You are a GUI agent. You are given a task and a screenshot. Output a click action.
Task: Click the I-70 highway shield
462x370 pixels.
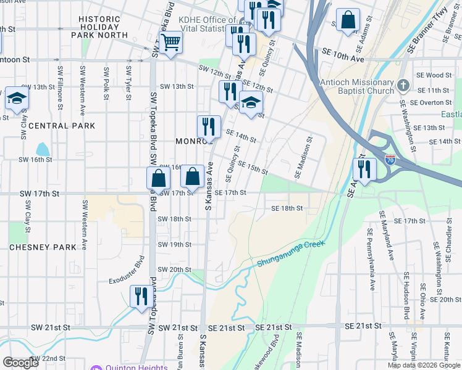[390, 160]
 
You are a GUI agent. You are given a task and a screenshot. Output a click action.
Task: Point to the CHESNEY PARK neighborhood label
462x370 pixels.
[43, 247]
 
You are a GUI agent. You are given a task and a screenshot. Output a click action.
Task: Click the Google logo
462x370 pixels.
[20, 363]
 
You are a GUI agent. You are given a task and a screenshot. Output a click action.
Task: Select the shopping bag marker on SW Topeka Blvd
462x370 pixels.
[159, 178]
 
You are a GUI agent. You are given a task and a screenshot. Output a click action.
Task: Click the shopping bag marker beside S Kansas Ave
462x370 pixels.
[193, 176]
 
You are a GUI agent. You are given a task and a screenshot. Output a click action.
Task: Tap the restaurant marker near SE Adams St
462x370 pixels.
[364, 169]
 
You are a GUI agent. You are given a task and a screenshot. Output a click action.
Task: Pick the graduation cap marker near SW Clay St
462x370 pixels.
[16, 99]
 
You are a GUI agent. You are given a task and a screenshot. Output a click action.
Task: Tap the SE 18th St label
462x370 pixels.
[287, 208]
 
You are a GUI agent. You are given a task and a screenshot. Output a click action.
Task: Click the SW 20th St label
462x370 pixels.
[174, 269]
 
